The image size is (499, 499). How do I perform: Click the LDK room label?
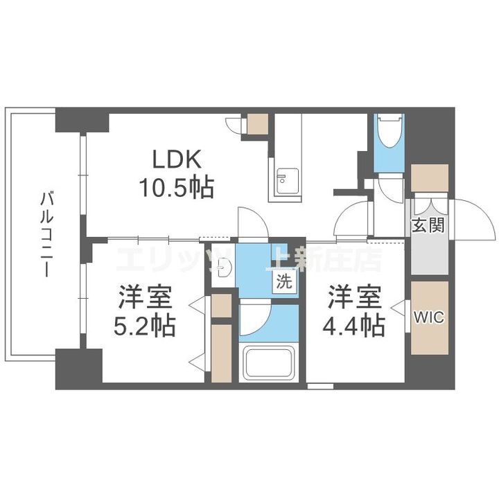[177, 160]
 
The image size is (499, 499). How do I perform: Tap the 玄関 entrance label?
[428, 225]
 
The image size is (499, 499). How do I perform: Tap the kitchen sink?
[283, 182]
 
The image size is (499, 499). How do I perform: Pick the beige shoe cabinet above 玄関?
[429, 178]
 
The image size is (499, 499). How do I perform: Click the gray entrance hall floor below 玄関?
[429, 256]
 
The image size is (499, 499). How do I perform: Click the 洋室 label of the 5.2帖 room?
[145, 297]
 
